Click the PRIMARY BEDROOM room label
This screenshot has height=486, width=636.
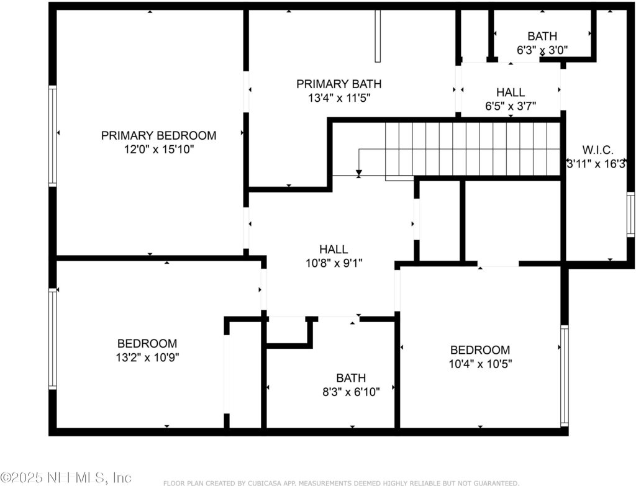pos(158,135)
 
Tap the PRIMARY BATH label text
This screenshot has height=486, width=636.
pos(338,84)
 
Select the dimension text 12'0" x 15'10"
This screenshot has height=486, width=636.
pos(159,150)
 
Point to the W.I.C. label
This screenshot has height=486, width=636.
pos(598,150)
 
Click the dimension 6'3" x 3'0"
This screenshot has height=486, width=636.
pos(542,50)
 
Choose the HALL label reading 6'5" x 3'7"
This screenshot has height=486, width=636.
pos(511,92)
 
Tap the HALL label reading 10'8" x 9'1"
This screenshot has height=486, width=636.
pos(334,250)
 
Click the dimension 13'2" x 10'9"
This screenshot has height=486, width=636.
pos(147,358)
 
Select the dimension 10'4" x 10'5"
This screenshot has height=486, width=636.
pos(480,364)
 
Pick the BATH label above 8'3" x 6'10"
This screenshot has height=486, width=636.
pos(351,378)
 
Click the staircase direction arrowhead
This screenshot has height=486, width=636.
pos(358,173)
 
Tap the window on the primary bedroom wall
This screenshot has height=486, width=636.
pos(52,136)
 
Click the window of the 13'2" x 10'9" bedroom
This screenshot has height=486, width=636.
pos(52,339)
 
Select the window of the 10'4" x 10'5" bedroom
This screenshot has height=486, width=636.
pos(564,376)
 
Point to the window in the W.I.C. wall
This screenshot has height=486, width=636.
pos(630,214)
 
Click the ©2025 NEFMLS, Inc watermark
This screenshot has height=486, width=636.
pos(66,477)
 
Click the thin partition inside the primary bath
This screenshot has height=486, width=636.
pos(378,35)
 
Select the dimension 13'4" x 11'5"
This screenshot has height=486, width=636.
pos(339,98)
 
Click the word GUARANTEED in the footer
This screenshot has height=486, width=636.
pos(496,483)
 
